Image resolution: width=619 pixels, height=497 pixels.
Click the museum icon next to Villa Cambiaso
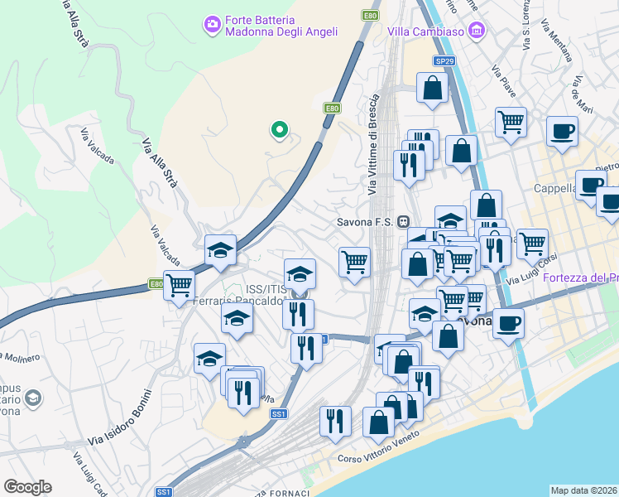(x=476, y=31)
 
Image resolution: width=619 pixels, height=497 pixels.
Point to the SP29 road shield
(x=444, y=60)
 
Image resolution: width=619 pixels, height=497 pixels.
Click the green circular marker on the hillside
(x=280, y=129)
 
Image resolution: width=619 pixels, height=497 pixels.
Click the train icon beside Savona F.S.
(x=404, y=222)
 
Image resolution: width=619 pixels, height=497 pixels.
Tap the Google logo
(x=27, y=487)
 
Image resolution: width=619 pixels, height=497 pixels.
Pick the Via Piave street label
(x=502, y=79)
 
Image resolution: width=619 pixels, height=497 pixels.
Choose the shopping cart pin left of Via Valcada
(x=179, y=286)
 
